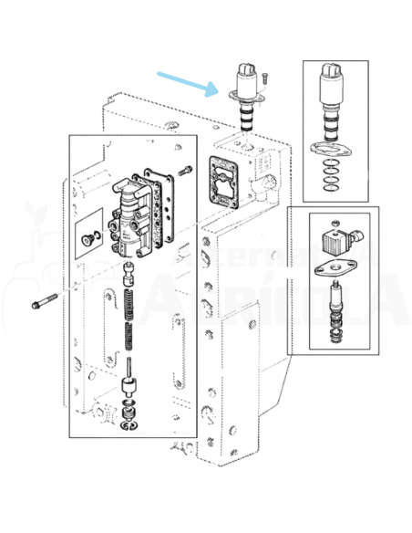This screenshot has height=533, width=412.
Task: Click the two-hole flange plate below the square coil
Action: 333,271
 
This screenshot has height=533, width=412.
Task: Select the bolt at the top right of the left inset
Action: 187,170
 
